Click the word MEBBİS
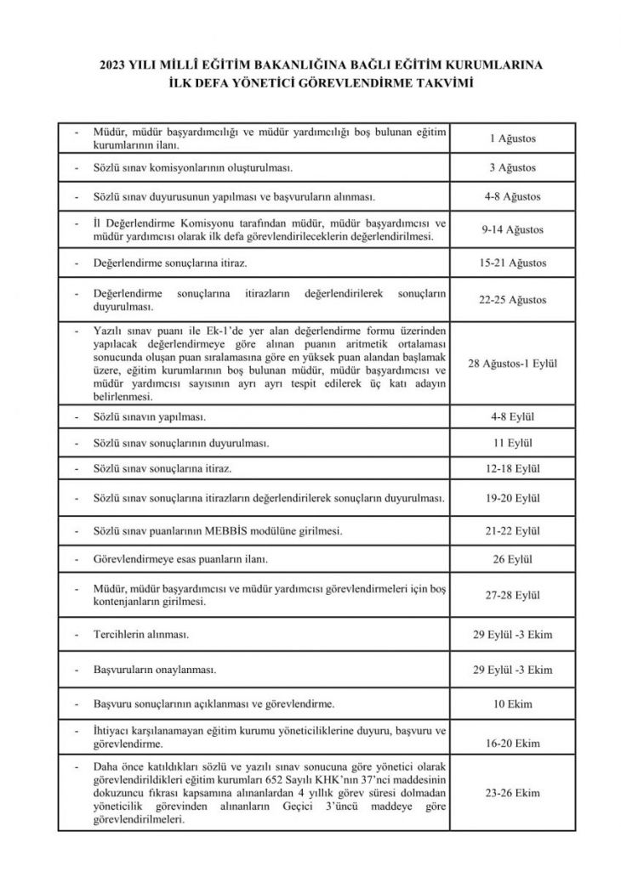[x=230, y=531]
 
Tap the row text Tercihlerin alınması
[x=140, y=635]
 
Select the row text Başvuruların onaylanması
[x=154, y=670]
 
